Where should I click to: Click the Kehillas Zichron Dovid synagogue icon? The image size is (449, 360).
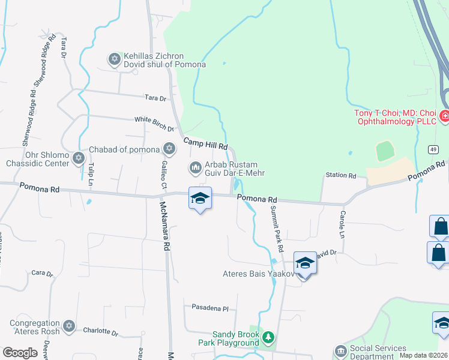tap(114, 59)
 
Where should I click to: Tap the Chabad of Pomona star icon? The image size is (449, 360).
tap(169, 148)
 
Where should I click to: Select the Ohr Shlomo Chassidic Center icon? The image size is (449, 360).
tap(78, 158)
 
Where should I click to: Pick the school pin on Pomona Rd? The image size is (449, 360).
tap(200, 199)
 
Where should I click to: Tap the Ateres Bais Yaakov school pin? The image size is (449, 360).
tap(305, 263)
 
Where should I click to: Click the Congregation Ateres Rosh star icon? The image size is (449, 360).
tap(68, 326)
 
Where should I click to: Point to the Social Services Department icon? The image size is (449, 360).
tap(340, 350)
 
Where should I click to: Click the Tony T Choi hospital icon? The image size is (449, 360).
tap(445, 116)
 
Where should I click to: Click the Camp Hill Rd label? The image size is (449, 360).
tap(205, 143)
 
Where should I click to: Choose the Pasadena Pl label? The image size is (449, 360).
tap(210, 308)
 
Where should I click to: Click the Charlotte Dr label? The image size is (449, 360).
tap(100, 331)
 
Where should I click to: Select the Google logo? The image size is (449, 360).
tap(20, 353)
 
